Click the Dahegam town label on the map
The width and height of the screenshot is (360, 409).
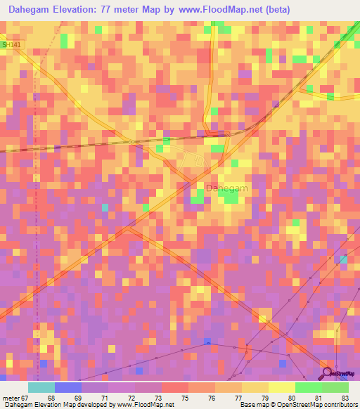pyautogui.click(x=226, y=188)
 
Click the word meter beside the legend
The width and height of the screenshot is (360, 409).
pyautogui.click(x=11, y=398)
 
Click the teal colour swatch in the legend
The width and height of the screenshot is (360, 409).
pyautogui.click(x=41, y=387)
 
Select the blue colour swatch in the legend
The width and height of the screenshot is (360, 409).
pyautogui.click(x=68, y=387)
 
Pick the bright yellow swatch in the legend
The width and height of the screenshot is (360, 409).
pyautogui.click(x=282, y=387)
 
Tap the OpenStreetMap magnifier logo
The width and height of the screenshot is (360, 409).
pyautogui.click(x=327, y=373)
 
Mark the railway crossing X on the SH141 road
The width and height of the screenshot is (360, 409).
pyautogui.click(x=131, y=142)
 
